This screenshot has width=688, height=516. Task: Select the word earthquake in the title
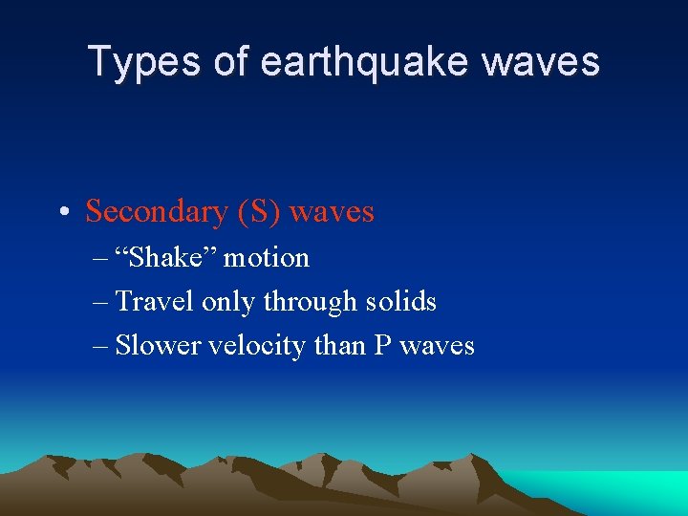[x=365, y=61]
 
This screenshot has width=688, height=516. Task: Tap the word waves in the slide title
[x=541, y=61]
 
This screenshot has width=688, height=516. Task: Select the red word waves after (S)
[x=332, y=211]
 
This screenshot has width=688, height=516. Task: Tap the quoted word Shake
[x=165, y=258]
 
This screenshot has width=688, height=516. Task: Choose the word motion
[x=267, y=258]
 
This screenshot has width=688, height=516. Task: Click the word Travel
[x=156, y=302]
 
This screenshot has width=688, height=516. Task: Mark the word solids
[x=402, y=302]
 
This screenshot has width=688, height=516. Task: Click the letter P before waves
[x=382, y=345]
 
